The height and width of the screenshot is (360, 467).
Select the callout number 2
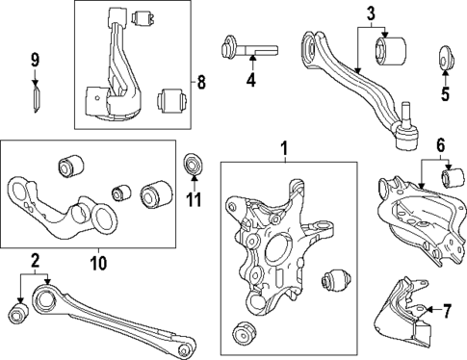click(34, 260)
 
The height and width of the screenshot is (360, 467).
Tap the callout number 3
click(370, 13)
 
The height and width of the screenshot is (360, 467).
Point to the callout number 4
click(250, 81)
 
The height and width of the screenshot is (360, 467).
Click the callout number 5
click(444, 94)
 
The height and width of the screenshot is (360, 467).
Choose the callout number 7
click(446, 310)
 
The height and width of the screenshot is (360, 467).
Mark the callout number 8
click(200, 83)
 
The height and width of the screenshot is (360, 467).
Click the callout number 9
click(35, 61)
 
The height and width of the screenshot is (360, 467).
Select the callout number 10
click(99, 260)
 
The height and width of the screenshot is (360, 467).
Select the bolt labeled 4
click(249, 46)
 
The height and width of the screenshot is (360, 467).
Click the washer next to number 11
click(194, 165)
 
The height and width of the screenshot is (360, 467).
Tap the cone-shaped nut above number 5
click(445, 58)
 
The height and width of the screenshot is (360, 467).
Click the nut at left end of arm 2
click(16, 315)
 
